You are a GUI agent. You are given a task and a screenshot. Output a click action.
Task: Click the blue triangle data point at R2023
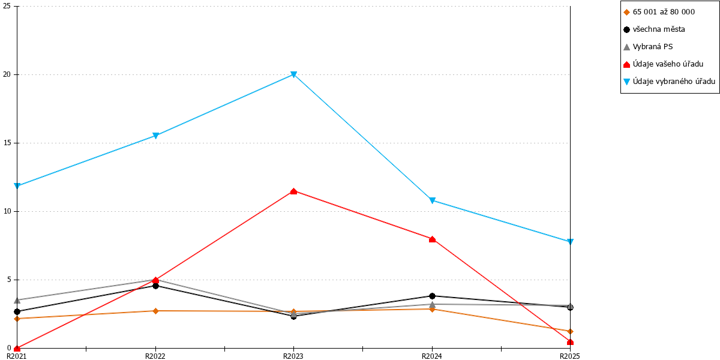click(293, 74)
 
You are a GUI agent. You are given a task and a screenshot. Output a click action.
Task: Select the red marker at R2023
click(293, 191)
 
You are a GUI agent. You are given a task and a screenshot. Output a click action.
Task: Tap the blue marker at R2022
click(155, 136)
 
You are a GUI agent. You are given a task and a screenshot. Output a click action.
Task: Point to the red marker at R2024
click(433, 239)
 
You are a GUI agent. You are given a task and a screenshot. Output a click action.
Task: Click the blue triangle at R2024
click(433, 200)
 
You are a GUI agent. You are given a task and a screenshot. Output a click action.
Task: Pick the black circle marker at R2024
click(433, 296)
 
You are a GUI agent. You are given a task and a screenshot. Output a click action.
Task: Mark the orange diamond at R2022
click(155, 311)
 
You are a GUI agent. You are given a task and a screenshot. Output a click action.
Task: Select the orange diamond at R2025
click(570, 331)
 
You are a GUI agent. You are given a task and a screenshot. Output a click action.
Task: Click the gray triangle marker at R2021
click(17, 300)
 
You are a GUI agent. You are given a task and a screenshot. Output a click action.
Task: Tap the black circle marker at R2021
click(17, 312)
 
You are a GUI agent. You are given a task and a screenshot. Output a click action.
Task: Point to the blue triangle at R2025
click(570, 242)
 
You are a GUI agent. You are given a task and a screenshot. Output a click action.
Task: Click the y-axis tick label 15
click(7, 143)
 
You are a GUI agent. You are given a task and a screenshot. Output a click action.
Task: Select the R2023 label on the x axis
click(293, 356)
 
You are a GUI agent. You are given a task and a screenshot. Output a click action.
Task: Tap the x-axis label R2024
click(431, 356)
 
